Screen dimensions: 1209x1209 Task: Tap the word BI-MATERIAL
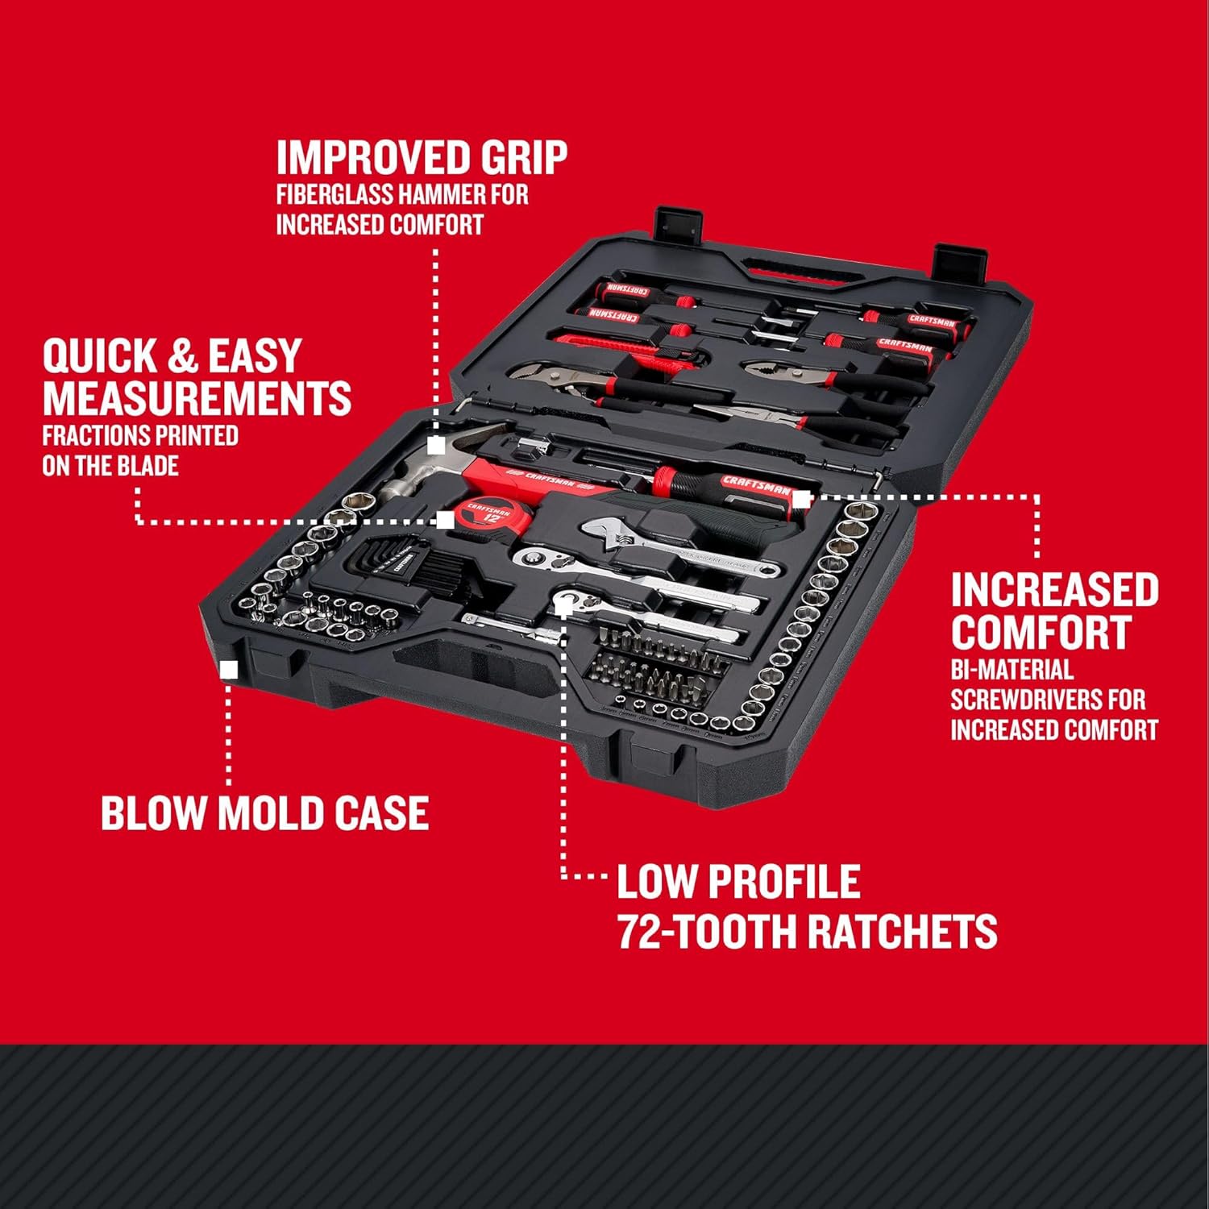(1012, 670)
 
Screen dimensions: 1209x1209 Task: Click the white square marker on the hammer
(436, 445)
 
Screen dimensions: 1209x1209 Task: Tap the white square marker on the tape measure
(445, 520)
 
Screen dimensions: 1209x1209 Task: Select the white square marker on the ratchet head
(563, 605)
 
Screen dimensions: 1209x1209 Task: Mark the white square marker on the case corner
(229, 670)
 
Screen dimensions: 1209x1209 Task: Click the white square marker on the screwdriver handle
(800, 500)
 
